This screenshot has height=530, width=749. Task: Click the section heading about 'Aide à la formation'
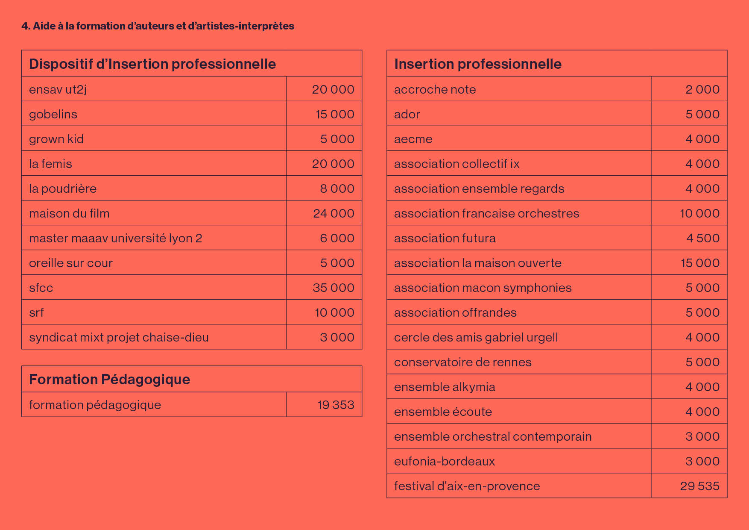pos(158,26)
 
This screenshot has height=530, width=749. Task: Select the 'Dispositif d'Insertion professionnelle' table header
pos(152,64)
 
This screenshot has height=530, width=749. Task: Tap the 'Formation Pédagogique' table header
pos(110,380)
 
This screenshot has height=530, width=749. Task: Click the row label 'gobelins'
pos(53,115)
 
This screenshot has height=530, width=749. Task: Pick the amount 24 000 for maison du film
pos(334,213)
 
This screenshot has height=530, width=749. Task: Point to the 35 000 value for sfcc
pos(334,288)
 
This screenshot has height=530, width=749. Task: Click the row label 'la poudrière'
pos(63,189)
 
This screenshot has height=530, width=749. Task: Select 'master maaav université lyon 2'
pos(116,238)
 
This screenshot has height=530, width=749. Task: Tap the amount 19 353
pos(336,405)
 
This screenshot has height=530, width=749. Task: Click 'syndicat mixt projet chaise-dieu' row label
pos(119,338)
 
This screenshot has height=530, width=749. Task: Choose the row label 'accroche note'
pos(435,90)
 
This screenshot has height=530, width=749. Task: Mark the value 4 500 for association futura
pos(703,238)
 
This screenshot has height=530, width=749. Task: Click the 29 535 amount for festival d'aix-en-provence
pos(700,486)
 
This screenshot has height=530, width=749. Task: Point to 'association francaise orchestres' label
pos(487,213)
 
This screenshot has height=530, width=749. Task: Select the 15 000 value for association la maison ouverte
pos(700,263)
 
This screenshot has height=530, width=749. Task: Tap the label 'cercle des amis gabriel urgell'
pos(476,338)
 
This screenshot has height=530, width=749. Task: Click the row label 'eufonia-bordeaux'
pos(445,461)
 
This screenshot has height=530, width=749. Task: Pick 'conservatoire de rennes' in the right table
pos(463,362)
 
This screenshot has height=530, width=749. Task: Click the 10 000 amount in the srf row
pos(334,312)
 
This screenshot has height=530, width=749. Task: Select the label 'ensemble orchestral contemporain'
pos(493,436)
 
